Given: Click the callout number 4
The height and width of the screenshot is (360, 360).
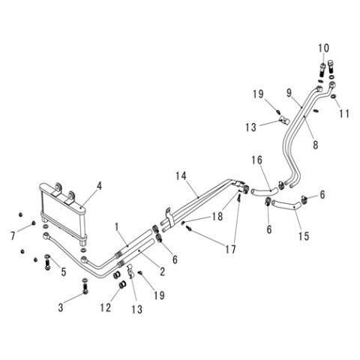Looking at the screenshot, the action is pos(100,186).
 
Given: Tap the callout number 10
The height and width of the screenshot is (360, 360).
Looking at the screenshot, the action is pos(324,48).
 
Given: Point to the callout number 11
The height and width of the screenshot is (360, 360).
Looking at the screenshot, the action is pos(343,114).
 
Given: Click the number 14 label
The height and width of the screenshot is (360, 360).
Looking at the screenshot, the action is pos(181,176).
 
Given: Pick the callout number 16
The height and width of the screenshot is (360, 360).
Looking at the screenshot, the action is pos(256,160).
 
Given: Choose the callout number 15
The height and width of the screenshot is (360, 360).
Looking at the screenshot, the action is pos(304,236).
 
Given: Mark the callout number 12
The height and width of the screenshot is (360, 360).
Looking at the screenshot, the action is pos(106,307).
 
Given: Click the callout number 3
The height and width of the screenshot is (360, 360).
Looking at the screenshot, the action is pos(61,307).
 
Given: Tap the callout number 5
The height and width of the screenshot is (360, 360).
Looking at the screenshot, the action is pos(64,272).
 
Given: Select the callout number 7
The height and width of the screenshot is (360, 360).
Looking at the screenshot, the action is pos(13,235).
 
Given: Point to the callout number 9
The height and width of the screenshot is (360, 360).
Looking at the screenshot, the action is pos(289,93).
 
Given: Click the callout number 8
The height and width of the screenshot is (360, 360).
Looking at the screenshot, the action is pos(316,145).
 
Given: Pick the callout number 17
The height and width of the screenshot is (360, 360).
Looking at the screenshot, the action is pos(230,249).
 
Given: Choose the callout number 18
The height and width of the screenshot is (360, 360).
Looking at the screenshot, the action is pos(217,217).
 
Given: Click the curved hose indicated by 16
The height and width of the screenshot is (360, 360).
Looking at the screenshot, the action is pos(265,192).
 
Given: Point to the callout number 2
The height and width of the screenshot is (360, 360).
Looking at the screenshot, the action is pos(162,271).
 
